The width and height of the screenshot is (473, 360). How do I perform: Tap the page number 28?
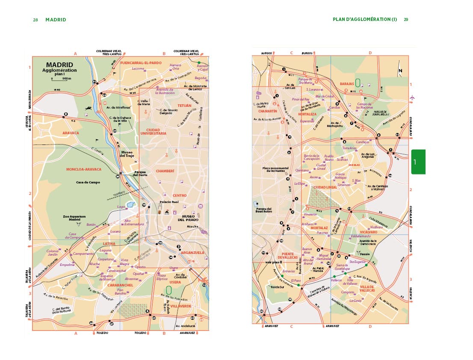coord(35,19)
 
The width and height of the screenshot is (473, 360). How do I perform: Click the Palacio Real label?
coord(169,202)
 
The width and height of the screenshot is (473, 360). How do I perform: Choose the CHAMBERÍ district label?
coord(165,171)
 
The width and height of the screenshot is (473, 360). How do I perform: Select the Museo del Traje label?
coord(127,154)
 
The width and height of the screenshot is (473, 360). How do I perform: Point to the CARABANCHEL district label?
coord(120,285)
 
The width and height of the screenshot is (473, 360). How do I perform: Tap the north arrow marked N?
coord(400,71)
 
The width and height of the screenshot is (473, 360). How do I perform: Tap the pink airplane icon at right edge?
coord(412,98)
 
